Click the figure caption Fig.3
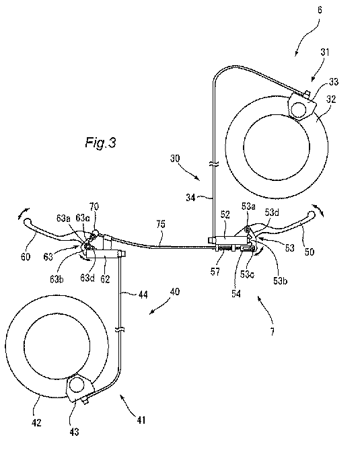pyautogui.click(x=101, y=143)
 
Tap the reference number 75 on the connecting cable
pyautogui.click(x=160, y=224)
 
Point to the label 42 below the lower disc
pyautogui.click(x=36, y=422)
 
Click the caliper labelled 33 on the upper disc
pyautogui.click(x=301, y=106)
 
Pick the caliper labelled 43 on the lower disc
pyautogui.click(x=79, y=389)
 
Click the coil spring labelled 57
pyautogui.click(x=225, y=248)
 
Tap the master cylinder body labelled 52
pyautogui.click(x=230, y=240)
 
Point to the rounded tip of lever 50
pyautogui.click(x=311, y=215)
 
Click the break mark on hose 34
pyautogui.click(x=213, y=164)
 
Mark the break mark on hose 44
pyautogui.click(x=120, y=329)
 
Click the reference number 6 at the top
pyautogui.click(x=320, y=10)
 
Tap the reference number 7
pyautogui.click(x=272, y=332)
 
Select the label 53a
pyautogui.click(x=248, y=206)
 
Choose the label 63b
pyautogui.click(x=57, y=279)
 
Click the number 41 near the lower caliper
pyautogui.click(x=141, y=420)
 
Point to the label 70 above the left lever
pyautogui.click(x=94, y=206)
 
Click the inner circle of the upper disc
pyautogui.click(x=277, y=146)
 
